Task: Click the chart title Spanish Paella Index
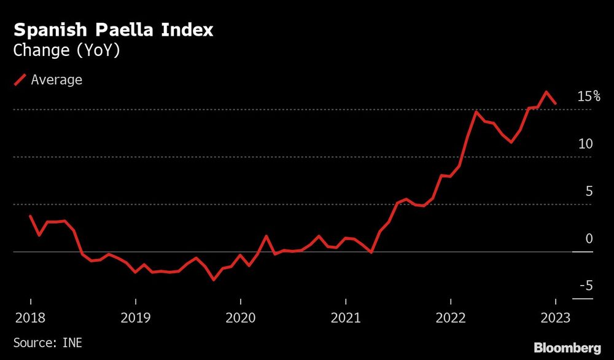point(114,30)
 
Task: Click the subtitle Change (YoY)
point(66,50)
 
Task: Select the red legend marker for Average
point(20,80)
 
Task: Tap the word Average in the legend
point(56,80)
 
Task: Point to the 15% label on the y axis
point(588,96)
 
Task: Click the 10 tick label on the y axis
point(585,144)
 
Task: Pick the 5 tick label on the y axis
point(589,191)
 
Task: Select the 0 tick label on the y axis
point(589,239)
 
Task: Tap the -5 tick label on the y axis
point(585,286)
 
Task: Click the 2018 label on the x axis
point(30,318)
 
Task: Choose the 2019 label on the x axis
point(135,318)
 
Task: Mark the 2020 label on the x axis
point(240,318)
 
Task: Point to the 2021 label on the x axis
point(346,318)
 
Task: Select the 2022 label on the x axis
point(451,318)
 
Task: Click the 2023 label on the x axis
point(556,318)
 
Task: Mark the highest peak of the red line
point(546,92)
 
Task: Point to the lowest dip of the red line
point(214,280)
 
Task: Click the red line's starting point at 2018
point(30,216)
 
